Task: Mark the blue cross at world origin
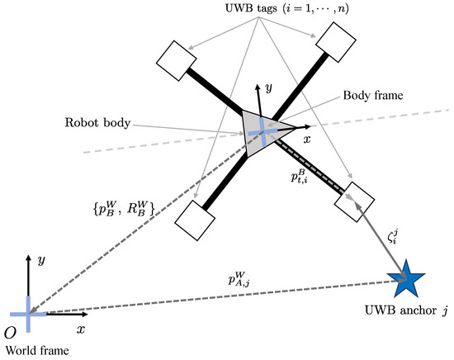coord(29,314)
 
